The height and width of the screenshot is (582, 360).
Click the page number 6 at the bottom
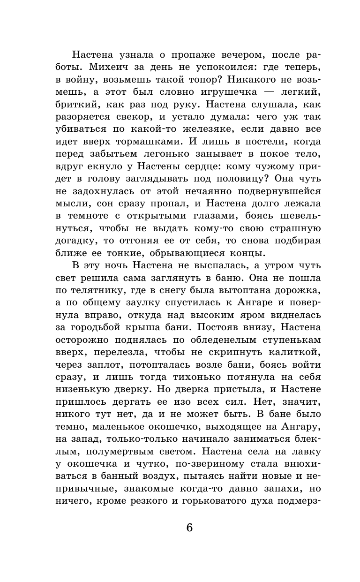[x=189, y=528]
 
